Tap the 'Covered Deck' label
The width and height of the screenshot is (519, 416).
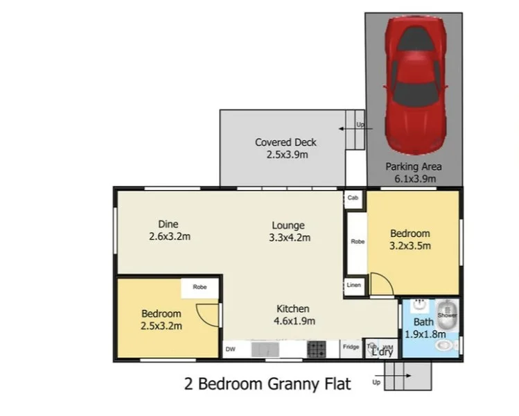click(285, 142)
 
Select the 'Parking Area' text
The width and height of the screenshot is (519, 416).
click(414, 166)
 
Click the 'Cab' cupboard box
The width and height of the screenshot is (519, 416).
click(353, 198)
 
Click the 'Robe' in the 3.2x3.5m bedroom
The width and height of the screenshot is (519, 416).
click(357, 242)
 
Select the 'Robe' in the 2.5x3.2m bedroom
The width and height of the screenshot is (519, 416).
click(200, 287)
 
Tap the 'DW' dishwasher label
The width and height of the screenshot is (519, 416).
click(230, 350)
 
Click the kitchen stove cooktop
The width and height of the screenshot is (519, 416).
click(317, 349)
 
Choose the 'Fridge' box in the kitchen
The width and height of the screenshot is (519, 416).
click(350, 347)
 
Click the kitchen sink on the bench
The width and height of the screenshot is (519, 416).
click(265, 349)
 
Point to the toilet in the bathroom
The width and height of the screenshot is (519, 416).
click(447, 345)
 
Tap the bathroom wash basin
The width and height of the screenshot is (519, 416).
click(419, 305)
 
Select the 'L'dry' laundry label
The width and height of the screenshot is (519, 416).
click(382, 352)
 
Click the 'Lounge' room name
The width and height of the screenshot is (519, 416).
click(288, 225)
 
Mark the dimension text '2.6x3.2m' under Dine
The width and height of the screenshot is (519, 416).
click(169, 236)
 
